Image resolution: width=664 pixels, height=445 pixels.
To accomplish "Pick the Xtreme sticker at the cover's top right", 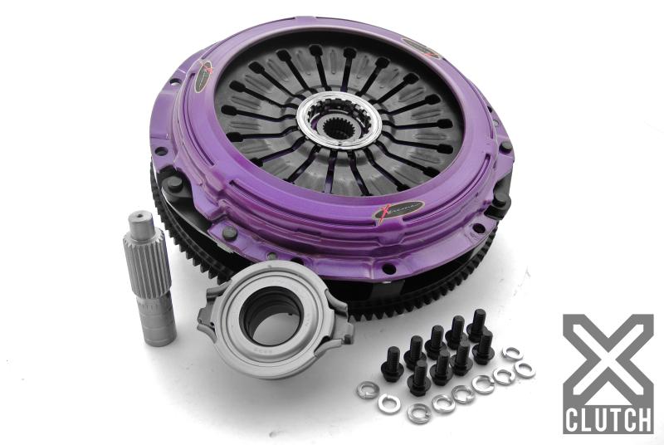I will click(422, 48).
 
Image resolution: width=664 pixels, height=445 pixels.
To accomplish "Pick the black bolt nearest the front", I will click(420, 380).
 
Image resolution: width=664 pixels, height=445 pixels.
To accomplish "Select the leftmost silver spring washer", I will click(366, 388).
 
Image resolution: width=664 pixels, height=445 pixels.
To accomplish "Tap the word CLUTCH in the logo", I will click(608, 418).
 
